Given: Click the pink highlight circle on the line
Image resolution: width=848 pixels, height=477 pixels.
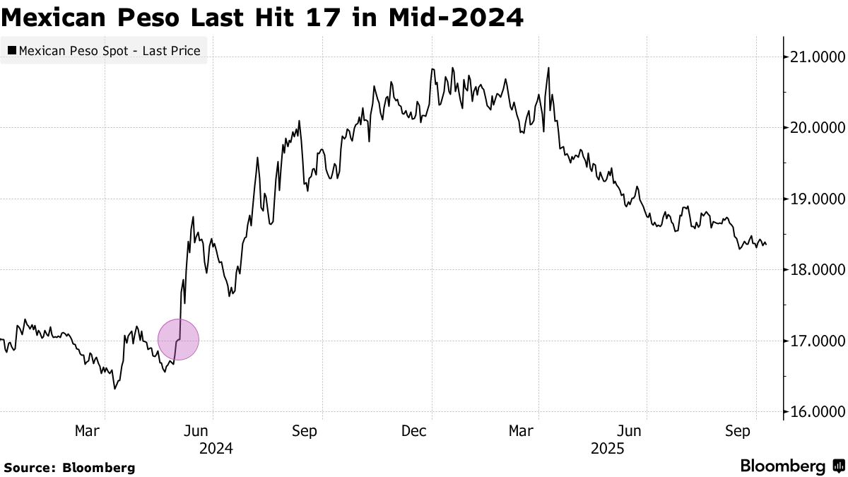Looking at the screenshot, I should (178, 340).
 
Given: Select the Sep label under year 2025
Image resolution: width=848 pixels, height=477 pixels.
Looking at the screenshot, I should (738, 430).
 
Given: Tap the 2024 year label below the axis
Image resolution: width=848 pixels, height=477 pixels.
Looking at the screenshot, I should (216, 448).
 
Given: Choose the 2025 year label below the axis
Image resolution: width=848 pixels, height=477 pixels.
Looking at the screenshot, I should (607, 448).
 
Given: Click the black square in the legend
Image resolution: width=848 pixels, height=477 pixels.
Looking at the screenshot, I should (12, 51).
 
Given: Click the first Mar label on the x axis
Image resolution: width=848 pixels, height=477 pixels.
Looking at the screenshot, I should (87, 430).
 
